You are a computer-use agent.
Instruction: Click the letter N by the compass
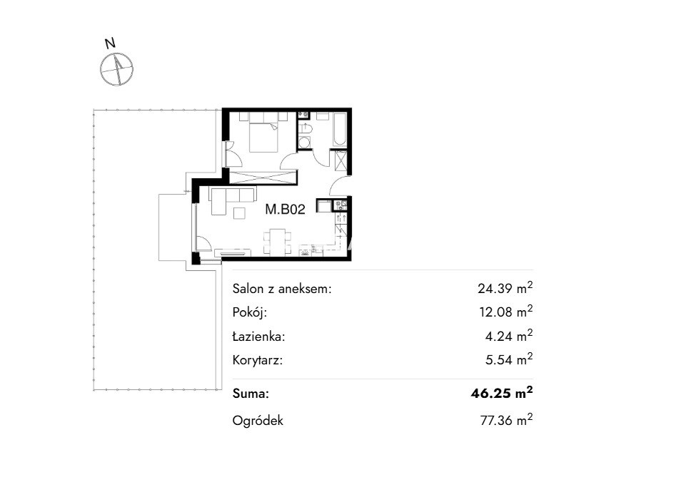pyautogui.click(x=111, y=43)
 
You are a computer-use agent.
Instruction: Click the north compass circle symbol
pyautogui.click(x=116, y=69)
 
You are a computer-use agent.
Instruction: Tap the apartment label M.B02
pyautogui.click(x=285, y=210)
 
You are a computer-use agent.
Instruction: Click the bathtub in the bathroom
pyautogui.click(x=340, y=129)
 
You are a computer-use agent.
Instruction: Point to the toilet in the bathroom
pyautogui.click(x=305, y=128)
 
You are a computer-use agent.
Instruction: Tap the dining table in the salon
pyautogui.click(x=278, y=242)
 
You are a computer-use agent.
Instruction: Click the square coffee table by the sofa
pyautogui.click(x=240, y=212)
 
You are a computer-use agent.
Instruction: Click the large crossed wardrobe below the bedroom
pyautogui.click(x=263, y=178)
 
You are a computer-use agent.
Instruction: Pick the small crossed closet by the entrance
pyautogui.click(x=341, y=161)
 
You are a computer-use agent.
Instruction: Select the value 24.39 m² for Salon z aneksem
pyautogui.click(x=505, y=287)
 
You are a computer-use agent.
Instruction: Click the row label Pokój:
pyautogui.click(x=249, y=312)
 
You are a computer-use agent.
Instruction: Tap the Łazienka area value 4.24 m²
pyautogui.click(x=509, y=336)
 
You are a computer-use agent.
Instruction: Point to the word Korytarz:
pyautogui.click(x=258, y=361)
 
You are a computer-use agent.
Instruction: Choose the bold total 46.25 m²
pyautogui.click(x=502, y=393)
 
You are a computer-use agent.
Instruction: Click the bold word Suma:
pyautogui.click(x=251, y=394)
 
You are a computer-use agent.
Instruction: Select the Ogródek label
pyautogui.click(x=258, y=421)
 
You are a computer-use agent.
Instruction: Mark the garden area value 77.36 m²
pyautogui.click(x=507, y=420)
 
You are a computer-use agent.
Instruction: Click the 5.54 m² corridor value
pyautogui.click(x=509, y=359)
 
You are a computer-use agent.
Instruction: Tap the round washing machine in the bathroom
pyautogui.click(x=304, y=142)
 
